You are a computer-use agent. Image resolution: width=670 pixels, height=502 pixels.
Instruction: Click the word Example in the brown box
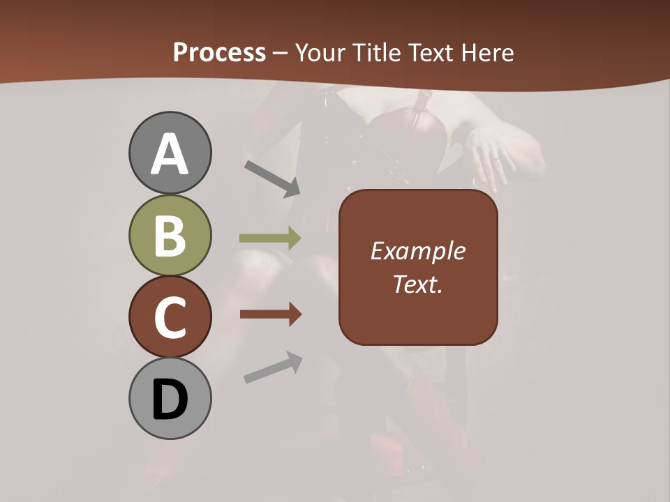[x=418, y=251]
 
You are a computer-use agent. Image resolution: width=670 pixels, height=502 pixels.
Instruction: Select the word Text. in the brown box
[x=418, y=284]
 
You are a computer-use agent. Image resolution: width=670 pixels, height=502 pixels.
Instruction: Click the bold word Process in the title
[x=219, y=52]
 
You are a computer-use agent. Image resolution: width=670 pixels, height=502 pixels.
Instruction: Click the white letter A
[x=170, y=155]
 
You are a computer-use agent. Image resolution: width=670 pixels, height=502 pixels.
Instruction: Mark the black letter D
[x=170, y=400]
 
